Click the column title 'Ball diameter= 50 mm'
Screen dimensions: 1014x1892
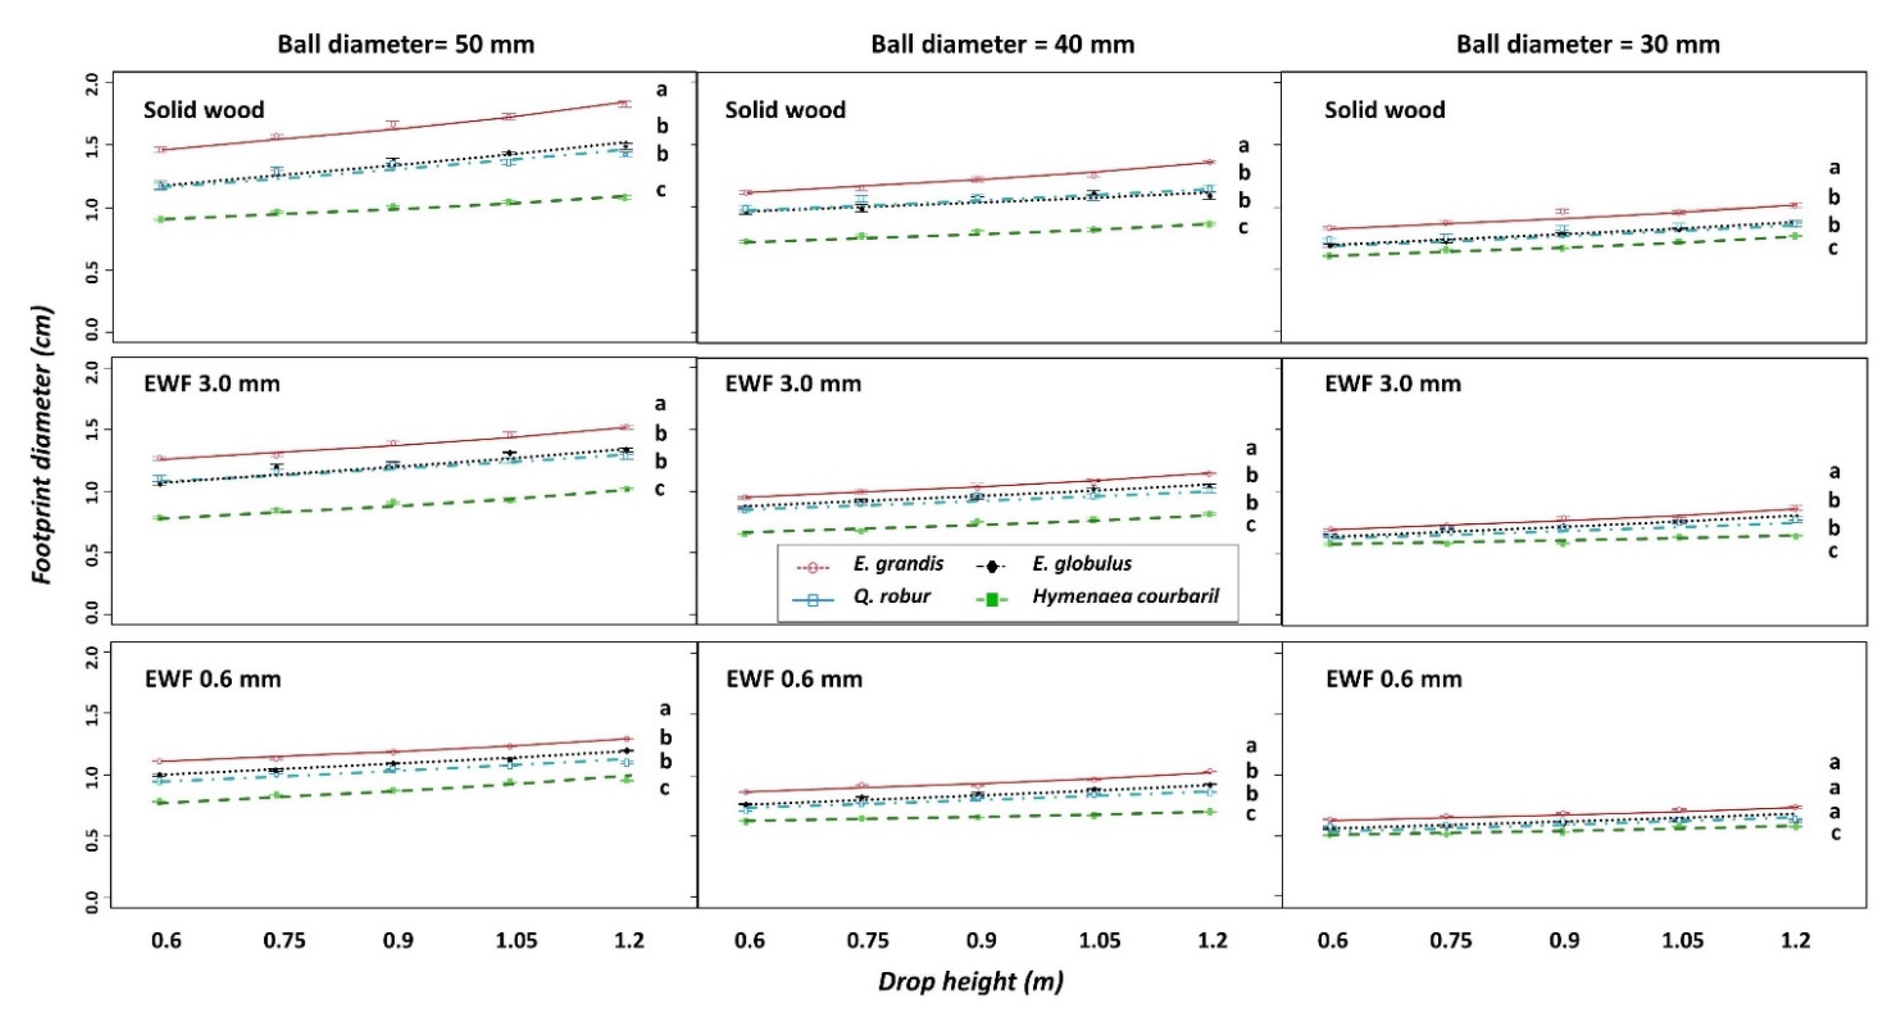click(405, 45)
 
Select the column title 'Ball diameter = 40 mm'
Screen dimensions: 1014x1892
click(1003, 45)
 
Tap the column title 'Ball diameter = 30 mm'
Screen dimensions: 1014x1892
click(1588, 45)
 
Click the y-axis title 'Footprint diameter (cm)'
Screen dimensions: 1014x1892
click(43, 445)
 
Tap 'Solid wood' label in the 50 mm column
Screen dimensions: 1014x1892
click(204, 110)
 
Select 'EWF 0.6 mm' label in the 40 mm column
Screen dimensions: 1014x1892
click(794, 679)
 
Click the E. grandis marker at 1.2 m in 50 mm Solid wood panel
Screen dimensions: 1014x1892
click(624, 104)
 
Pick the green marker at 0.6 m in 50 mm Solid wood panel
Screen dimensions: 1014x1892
click(160, 219)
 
